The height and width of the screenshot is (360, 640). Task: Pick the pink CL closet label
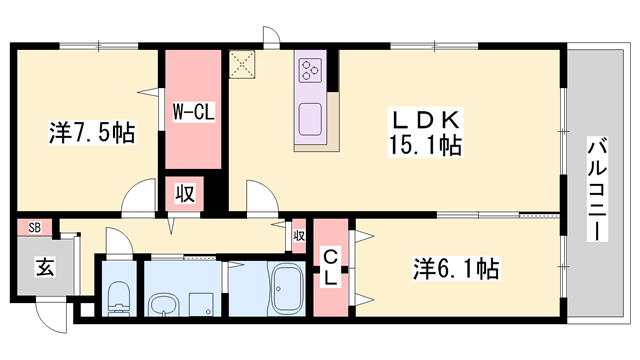pos(329,266)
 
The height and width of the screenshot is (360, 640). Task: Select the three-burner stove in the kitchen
pos(308,71)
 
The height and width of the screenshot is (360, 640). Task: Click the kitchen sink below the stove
pos(309,111)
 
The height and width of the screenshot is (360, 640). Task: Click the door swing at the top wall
pos(269,37)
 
